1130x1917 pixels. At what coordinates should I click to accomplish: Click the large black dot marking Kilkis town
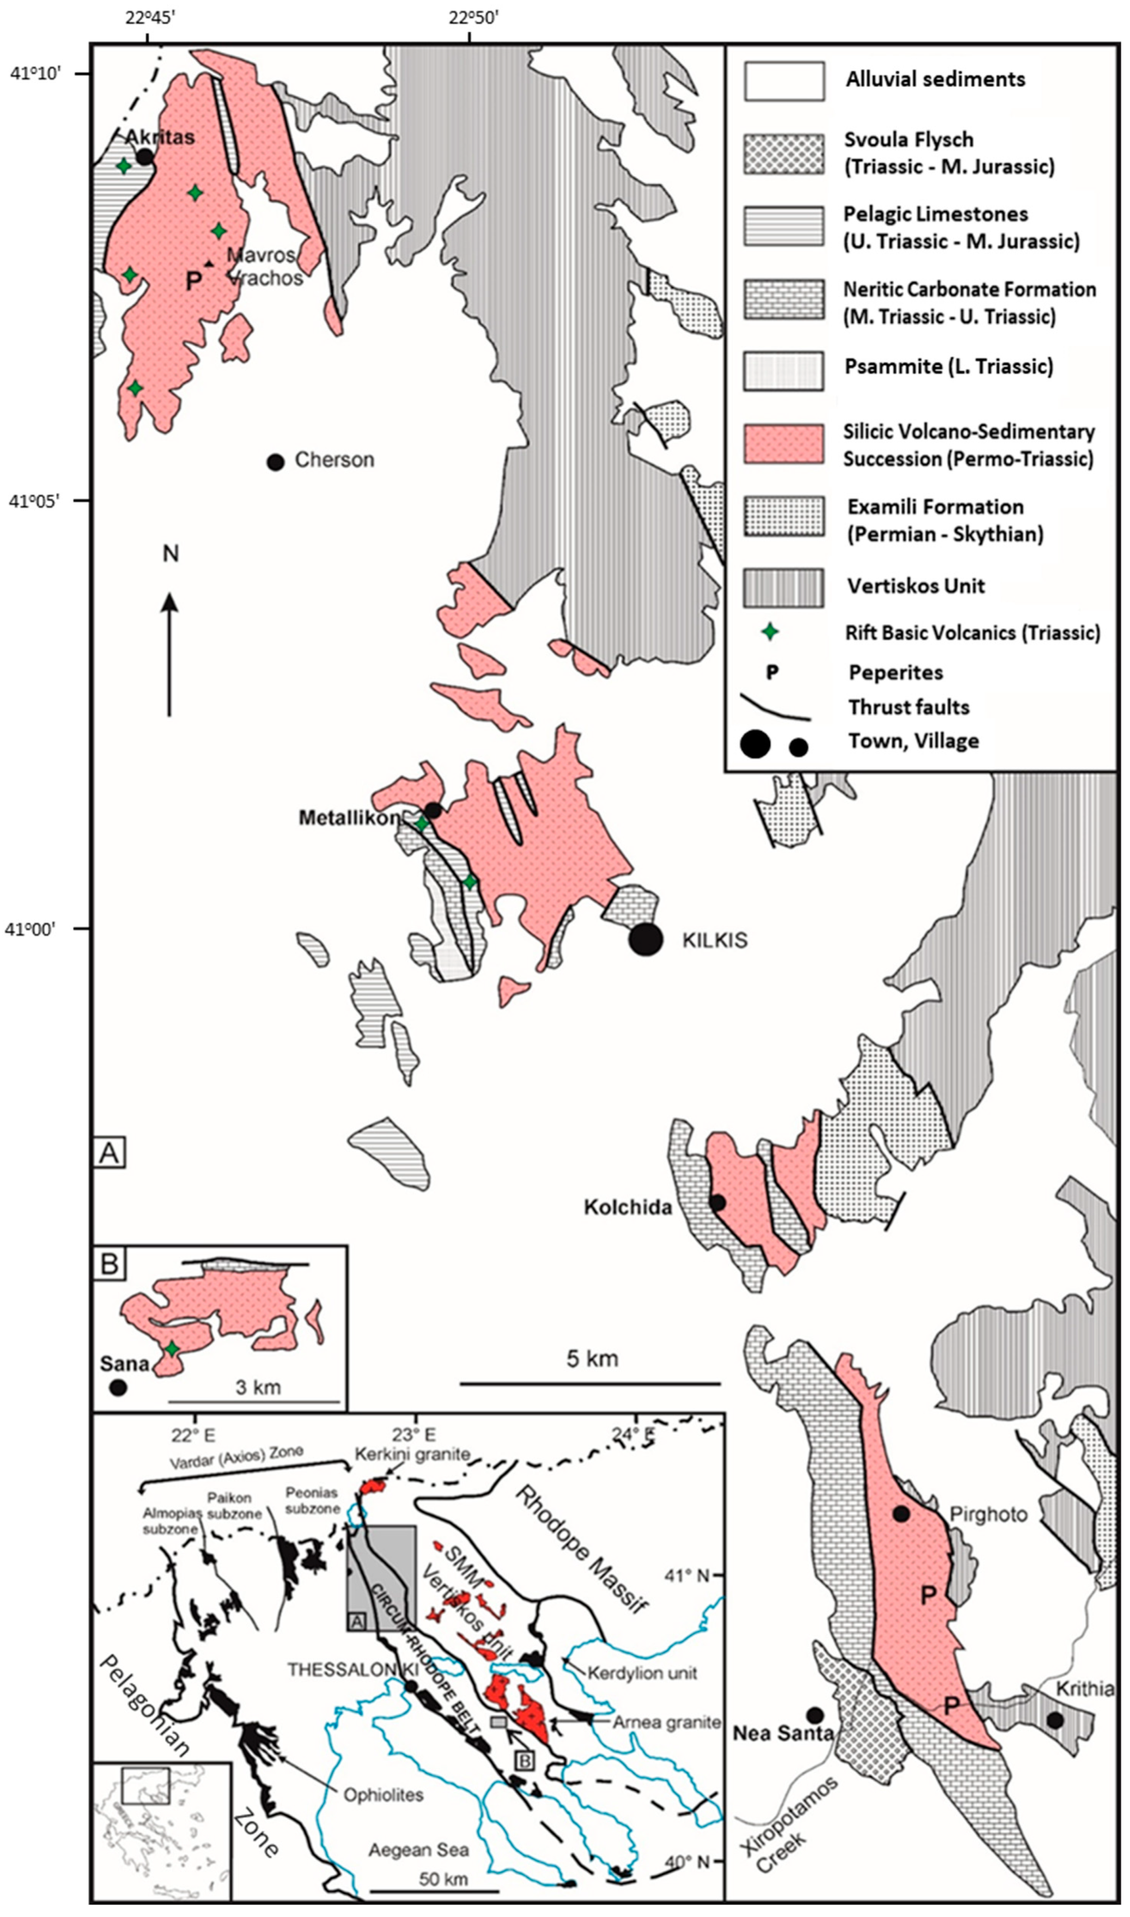[x=646, y=939]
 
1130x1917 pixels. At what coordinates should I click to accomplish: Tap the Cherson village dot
[x=276, y=461]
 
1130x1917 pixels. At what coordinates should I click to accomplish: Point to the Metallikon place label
[x=349, y=818]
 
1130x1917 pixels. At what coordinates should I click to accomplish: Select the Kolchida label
[x=628, y=1207]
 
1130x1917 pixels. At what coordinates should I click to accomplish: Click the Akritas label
[x=160, y=137]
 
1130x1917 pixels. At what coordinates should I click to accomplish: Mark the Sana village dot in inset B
[x=117, y=1388]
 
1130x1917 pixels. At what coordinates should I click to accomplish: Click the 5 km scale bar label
[x=592, y=1358]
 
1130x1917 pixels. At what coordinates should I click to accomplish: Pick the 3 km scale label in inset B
[x=257, y=1386]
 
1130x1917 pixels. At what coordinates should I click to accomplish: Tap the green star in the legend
[x=770, y=631]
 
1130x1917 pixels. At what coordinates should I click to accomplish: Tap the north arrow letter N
[x=171, y=553]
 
